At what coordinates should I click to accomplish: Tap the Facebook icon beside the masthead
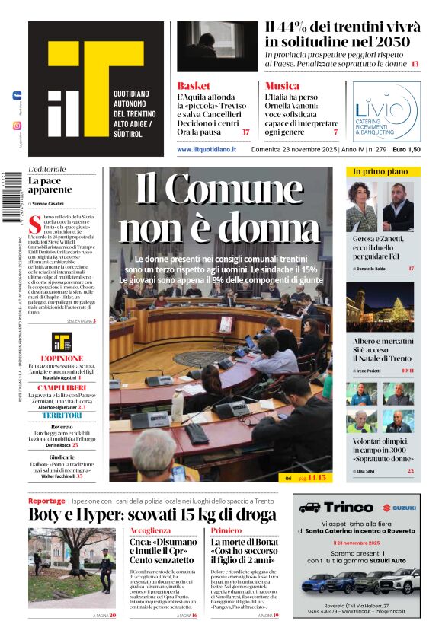[x=17, y=96]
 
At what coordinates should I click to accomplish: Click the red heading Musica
[x=282, y=86]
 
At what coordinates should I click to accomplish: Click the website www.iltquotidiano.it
[x=207, y=149]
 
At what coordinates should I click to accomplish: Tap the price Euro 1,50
[x=406, y=149]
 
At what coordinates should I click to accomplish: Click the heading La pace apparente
[x=50, y=185]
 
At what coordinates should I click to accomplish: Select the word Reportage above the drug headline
[x=46, y=501]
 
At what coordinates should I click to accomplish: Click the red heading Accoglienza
[x=150, y=530]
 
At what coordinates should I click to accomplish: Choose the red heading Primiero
[x=226, y=530]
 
